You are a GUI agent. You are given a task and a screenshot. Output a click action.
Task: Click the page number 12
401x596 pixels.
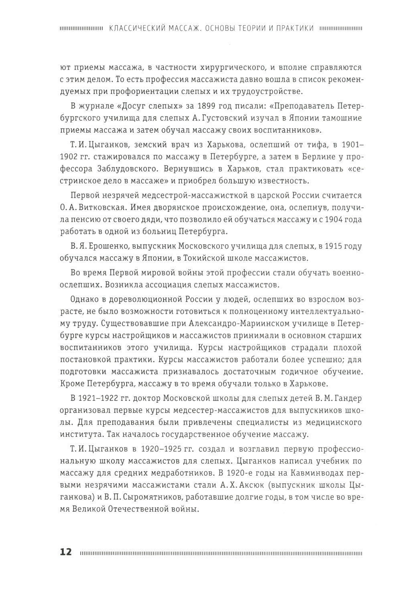pos(66,551)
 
